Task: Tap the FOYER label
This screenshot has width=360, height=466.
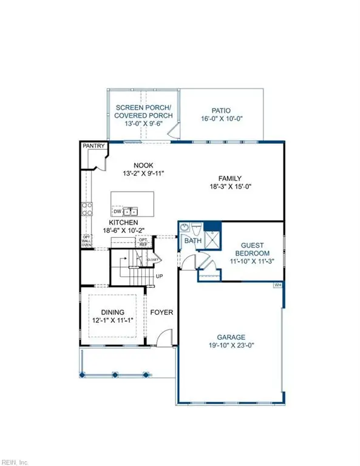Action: pyautogui.click(x=162, y=313)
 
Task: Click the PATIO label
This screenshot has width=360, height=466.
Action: pyautogui.click(x=222, y=111)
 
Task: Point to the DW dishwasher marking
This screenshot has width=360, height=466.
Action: pyautogui.click(x=117, y=212)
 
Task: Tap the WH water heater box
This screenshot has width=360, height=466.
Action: pyautogui.click(x=277, y=284)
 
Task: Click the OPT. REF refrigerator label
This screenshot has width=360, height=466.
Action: pyautogui.click(x=144, y=242)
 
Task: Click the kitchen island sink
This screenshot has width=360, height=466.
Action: pyautogui.click(x=131, y=211)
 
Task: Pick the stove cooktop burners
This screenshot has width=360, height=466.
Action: pyautogui.click(x=86, y=209)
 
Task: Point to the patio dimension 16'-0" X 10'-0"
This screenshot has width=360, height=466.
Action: pyautogui.click(x=222, y=120)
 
